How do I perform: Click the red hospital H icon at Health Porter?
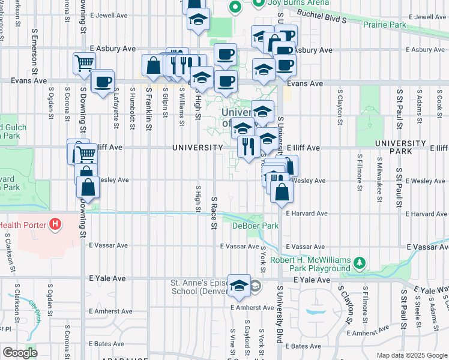[55, 226]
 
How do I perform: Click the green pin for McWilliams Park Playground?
[360, 263]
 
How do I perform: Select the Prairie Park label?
[385, 24]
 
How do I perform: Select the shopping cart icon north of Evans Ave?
[85, 63]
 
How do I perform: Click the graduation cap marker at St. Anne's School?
[240, 286]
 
